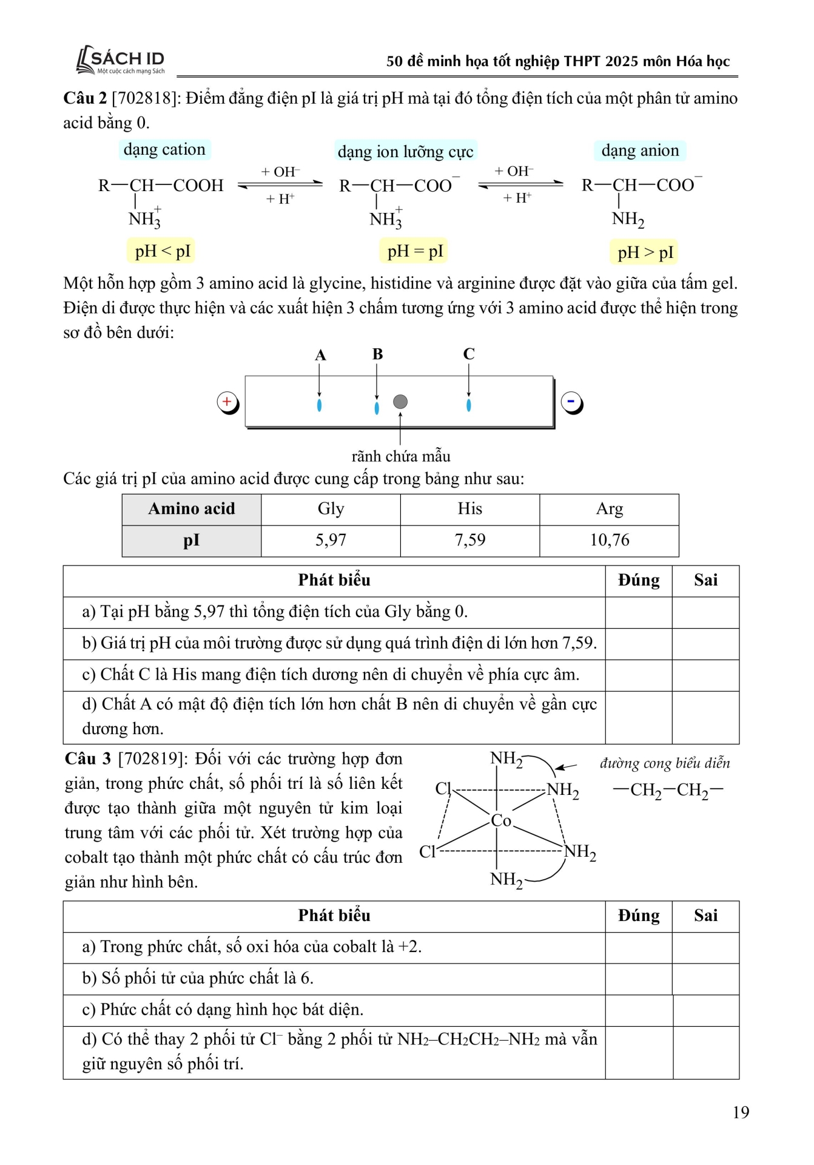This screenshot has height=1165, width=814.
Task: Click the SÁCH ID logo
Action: point(121,61)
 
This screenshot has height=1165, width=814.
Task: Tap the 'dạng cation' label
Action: point(164,149)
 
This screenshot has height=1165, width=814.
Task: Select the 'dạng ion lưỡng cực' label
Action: point(405,151)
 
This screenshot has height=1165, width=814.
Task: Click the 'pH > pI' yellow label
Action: point(645,252)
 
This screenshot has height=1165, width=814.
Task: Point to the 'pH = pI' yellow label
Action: point(415,251)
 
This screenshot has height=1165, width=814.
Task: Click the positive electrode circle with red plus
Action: point(227,402)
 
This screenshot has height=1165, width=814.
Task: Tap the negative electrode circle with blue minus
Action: point(571,402)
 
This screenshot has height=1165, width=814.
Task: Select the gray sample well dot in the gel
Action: point(400,402)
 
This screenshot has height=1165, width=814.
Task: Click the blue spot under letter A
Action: point(319,405)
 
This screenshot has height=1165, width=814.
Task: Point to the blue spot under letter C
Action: point(468,405)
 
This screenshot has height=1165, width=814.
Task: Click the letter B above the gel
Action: point(377,354)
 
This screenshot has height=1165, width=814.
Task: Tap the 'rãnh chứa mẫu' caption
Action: point(401,456)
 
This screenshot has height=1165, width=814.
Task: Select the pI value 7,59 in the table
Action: point(470,540)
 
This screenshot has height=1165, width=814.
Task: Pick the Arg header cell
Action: point(609,508)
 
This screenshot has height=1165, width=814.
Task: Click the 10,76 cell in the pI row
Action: point(609,540)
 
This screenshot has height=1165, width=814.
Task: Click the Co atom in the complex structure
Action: point(501,820)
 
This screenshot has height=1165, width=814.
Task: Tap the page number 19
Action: point(741,1112)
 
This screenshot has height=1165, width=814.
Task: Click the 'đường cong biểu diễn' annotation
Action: point(665,763)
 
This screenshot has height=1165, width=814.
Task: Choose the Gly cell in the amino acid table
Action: point(331,508)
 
